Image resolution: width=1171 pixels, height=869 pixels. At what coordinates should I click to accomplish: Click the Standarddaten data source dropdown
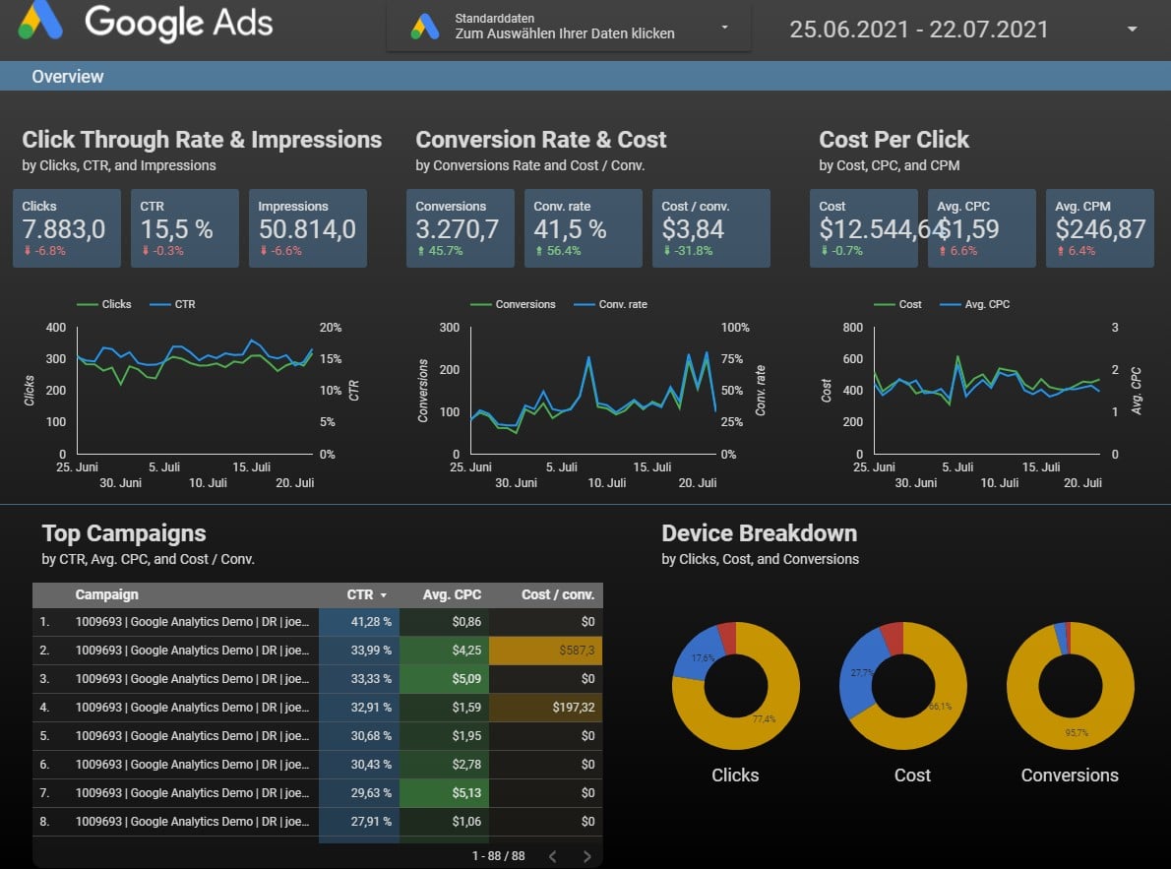(x=568, y=27)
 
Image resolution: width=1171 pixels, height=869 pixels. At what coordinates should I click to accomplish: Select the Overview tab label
(x=67, y=77)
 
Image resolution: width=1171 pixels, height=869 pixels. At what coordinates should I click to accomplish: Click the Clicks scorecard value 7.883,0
(x=64, y=229)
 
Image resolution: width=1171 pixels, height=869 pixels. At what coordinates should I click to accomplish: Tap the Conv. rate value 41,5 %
(x=570, y=229)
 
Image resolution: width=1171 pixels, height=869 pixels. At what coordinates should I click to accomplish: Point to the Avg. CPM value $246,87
(x=1100, y=229)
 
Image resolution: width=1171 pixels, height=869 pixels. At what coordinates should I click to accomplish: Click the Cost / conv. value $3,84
(x=693, y=229)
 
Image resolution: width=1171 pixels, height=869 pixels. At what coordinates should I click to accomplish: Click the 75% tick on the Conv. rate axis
(x=734, y=359)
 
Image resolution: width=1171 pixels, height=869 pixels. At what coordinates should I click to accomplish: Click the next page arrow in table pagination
(x=586, y=856)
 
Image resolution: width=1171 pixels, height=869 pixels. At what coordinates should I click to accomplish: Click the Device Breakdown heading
(x=759, y=533)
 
